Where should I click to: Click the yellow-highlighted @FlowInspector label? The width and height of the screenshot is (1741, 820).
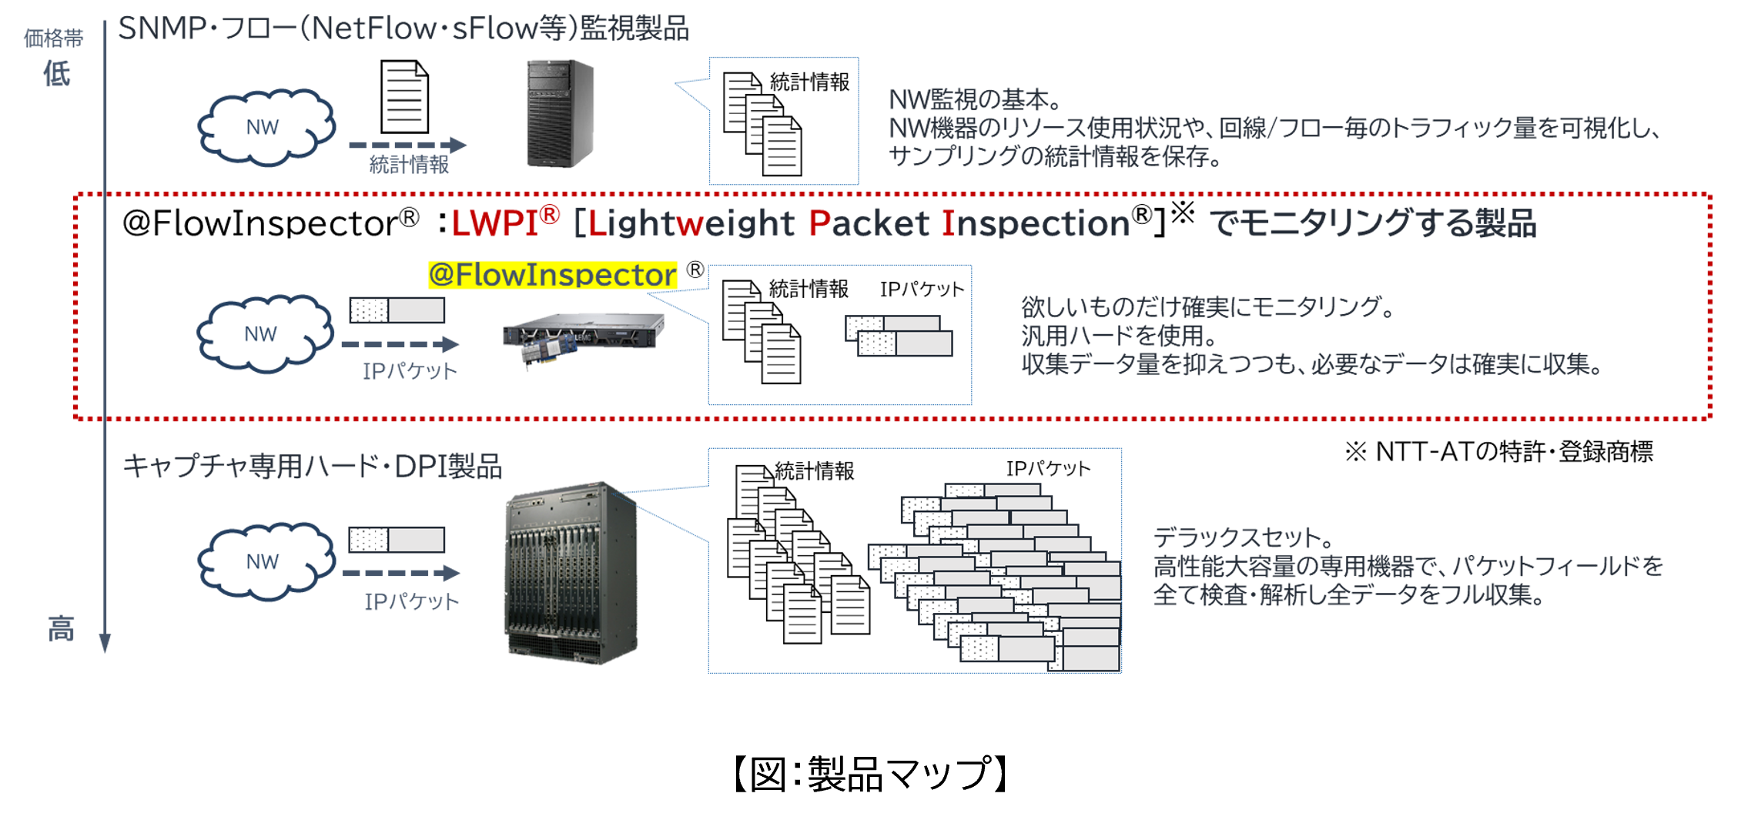552,275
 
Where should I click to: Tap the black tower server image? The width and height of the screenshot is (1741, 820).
560,113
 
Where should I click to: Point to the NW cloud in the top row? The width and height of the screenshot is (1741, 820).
265,128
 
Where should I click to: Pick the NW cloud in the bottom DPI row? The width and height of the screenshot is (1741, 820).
265,562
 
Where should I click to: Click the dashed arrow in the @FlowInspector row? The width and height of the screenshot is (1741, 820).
400,344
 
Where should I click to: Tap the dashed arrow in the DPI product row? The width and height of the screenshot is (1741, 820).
400,573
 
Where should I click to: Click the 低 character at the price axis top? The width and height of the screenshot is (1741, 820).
56,74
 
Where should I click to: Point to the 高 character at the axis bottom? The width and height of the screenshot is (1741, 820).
61,628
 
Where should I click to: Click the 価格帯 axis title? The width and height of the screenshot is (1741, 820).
53,38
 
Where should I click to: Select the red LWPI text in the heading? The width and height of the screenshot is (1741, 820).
495,223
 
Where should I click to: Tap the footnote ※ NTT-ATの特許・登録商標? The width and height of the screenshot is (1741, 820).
1498,452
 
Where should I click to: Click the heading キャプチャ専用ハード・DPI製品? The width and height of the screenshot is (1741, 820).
312,467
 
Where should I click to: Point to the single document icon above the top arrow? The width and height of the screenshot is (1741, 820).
404,98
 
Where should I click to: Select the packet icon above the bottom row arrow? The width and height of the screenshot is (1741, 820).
397,539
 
